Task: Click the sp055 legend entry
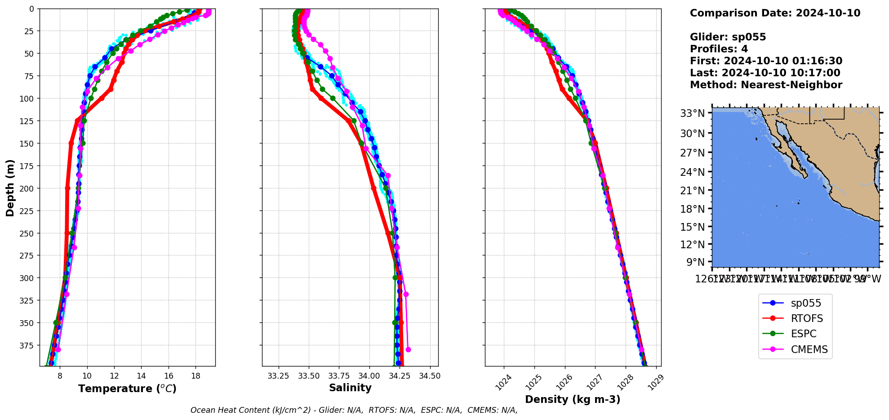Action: click(805, 303)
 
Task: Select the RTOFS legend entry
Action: click(807, 318)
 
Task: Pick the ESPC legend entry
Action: click(804, 334)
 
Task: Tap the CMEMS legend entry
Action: click(809, 349)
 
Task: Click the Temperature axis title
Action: click(127, 389)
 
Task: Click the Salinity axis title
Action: click(350, 388)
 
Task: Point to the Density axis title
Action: click(573, 399)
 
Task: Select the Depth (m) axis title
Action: click(10, 188)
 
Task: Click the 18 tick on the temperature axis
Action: click(196, 375)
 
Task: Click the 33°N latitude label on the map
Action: click(692, 113)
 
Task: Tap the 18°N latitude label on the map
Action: click(692, 209)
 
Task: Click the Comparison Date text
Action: click(775, 13)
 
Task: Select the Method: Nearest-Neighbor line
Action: click(766, 85)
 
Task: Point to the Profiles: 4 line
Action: click(719, 49)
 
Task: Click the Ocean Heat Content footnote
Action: click(354, 410)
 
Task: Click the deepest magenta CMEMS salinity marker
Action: click(408, 349)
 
